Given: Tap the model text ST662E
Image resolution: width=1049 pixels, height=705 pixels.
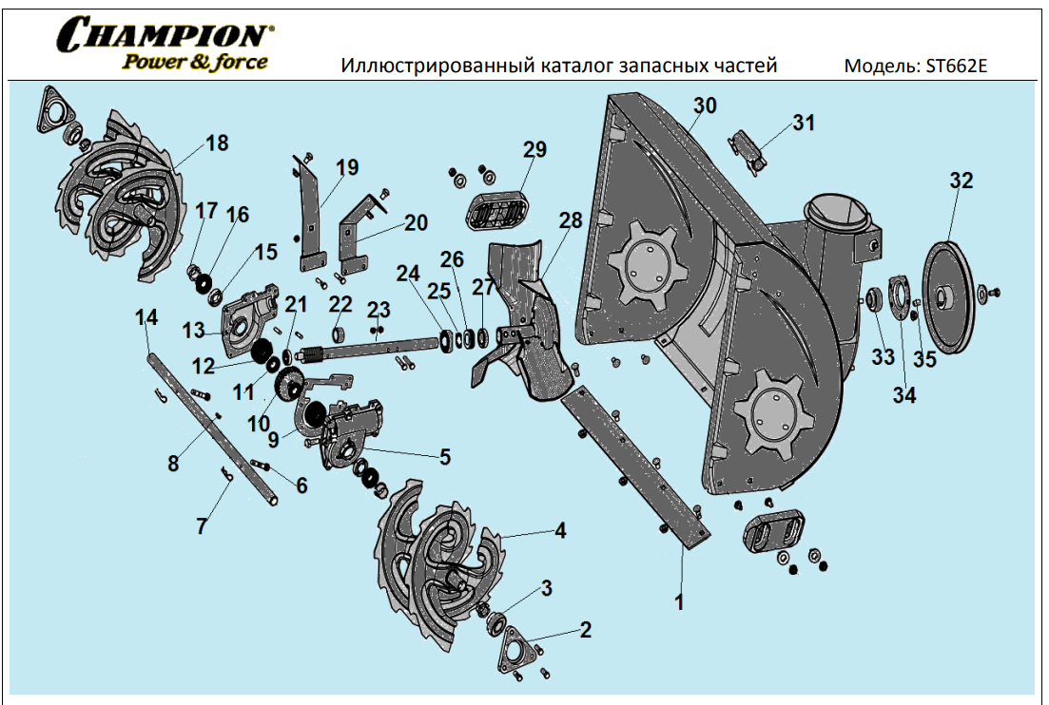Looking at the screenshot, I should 962,67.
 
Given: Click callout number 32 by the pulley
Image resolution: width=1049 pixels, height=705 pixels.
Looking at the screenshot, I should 962,181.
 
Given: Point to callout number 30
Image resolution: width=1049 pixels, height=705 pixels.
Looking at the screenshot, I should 705,105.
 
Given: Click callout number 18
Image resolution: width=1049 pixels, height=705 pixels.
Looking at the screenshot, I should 217,143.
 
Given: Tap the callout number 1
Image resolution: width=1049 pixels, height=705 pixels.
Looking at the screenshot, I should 679,601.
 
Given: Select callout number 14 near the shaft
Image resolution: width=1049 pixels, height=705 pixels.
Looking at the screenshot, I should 146,317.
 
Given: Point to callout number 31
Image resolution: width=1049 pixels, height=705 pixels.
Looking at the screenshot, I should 805,123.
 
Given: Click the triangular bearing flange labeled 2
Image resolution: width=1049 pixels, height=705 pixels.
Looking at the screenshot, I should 520,652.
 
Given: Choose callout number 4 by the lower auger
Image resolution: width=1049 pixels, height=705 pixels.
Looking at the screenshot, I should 561,530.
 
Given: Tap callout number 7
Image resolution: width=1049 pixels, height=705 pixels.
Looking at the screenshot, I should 202,525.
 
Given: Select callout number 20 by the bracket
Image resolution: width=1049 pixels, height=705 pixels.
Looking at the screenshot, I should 416,222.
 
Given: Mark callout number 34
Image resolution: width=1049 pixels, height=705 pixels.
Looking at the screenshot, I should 904,395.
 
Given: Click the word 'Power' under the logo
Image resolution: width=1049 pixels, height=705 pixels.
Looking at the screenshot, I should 149,62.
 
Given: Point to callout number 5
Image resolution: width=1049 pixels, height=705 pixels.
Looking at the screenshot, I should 445,456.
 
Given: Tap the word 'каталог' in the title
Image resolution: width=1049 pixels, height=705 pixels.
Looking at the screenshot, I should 581,67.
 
